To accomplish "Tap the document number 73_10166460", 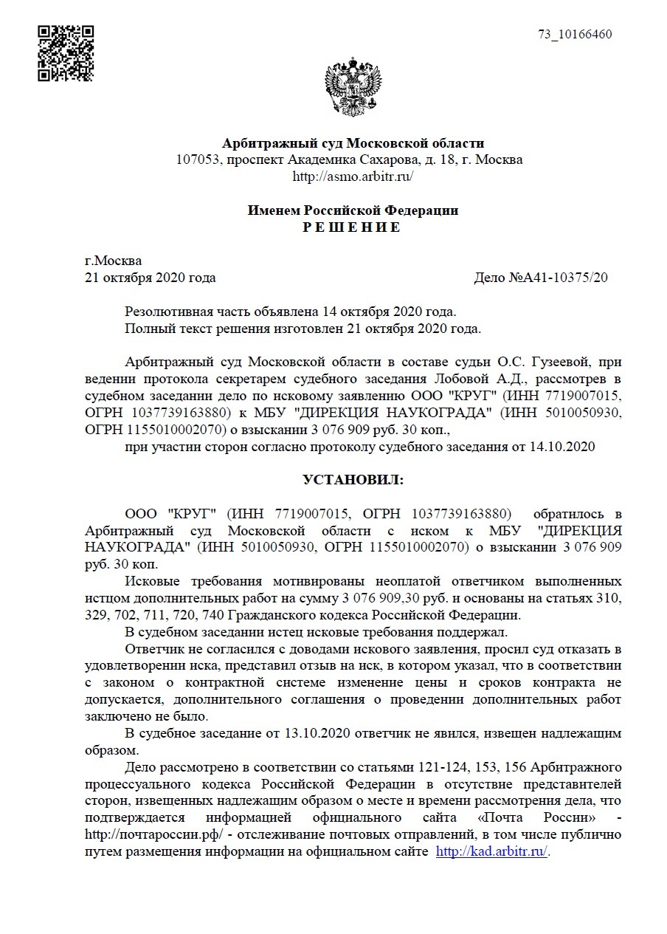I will (576, 35).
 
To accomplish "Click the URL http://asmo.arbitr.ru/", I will (353, 176).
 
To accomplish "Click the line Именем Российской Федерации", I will (353, 210).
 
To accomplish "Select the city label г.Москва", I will (114, 261).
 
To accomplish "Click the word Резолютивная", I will (164, 312).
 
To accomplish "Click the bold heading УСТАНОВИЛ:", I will (353, 480).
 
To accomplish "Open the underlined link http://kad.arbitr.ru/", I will (492, 851).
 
